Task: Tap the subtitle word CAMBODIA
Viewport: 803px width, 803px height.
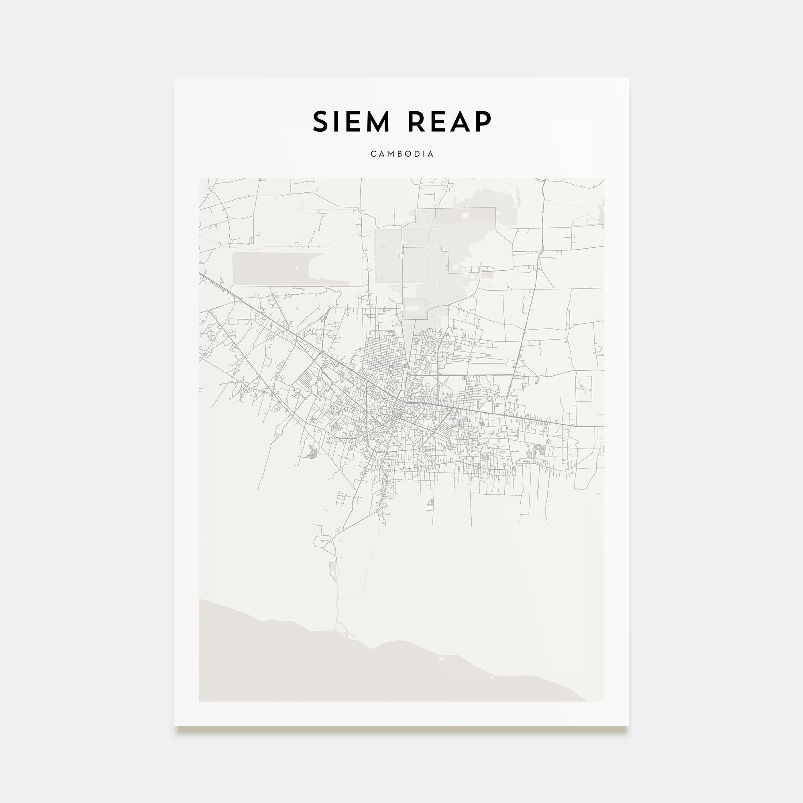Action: point(402,154)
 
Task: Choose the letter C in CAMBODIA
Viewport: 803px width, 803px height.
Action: point(373,154)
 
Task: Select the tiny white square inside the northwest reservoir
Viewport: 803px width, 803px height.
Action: point(297,269)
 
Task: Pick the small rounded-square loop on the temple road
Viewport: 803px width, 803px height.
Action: point(402,256)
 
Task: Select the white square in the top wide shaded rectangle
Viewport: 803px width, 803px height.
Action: point(465,216)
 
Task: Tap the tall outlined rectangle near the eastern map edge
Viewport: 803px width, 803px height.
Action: point(583,389)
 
